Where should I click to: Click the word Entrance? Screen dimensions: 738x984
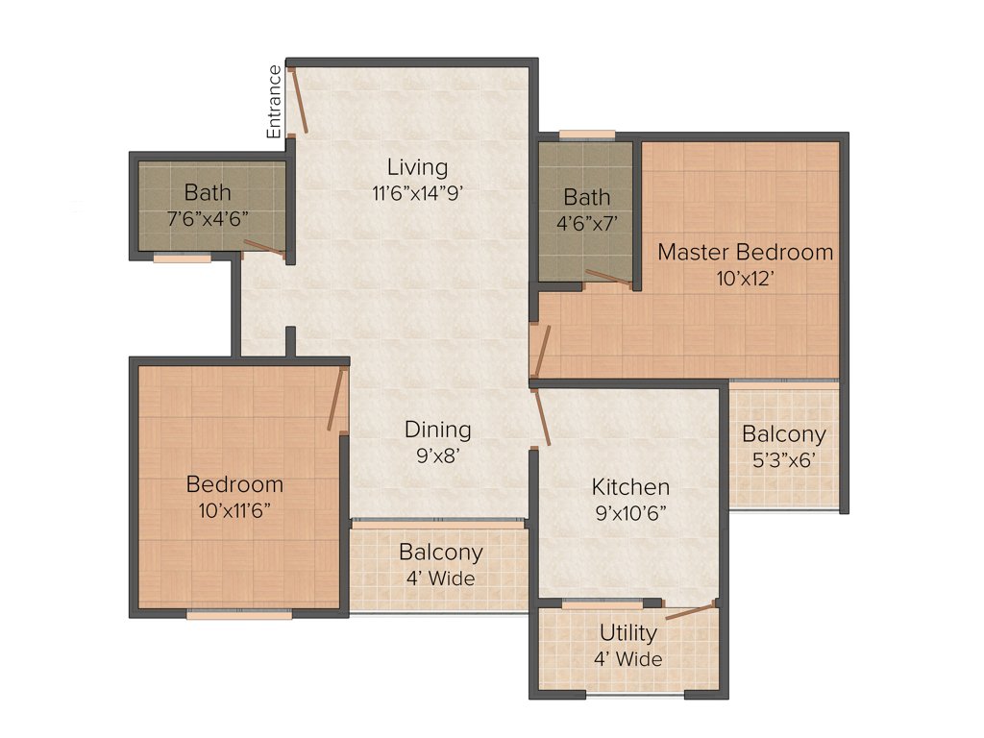click(x=275, y=101)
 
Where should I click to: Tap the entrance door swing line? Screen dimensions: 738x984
click(x=298, y=100)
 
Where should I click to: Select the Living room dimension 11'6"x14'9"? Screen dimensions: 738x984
click(x=417, y=192)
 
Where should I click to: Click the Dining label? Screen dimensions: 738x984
click(x=437, y=430)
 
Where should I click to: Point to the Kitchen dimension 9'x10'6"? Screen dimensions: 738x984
click(x=630, y=513)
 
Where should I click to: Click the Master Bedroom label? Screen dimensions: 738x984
click(x=745, y=253)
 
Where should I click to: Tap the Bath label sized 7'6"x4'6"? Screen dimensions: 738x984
click(x=208, y=192)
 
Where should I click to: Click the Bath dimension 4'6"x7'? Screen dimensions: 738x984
click(x=586, y=223)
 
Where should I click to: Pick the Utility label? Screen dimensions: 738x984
click(x=628, y=633)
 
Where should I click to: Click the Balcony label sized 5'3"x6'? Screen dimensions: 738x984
click(x=783, y=434)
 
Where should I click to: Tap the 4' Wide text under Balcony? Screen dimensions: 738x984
click(x=440, y=578)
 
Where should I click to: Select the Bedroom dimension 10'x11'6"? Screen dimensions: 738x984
click(x=234, y=510)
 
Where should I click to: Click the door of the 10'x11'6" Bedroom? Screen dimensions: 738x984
click(x=335, y=400)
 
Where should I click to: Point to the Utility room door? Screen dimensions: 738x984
click(x=690, y=610)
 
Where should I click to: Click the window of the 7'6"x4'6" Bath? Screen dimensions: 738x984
click(x=183, y=258)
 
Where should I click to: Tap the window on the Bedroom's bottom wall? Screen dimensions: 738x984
click(x=239, y=615)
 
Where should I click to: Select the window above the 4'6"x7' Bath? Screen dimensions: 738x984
click(x=587, y=135)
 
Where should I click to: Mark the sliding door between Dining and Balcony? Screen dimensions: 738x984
click(x=438, y=524)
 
